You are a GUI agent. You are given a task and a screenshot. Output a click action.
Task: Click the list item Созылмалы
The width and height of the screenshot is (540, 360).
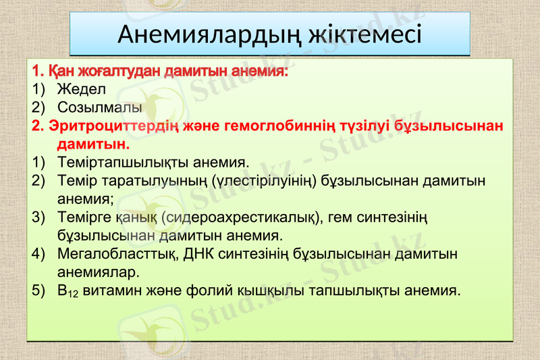[x=99, y=107]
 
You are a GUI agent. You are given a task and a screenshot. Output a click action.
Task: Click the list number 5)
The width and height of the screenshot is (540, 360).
[x=38, y=291]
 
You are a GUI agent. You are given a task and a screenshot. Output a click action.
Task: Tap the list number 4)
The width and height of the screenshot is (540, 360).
[x=38, y=255]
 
